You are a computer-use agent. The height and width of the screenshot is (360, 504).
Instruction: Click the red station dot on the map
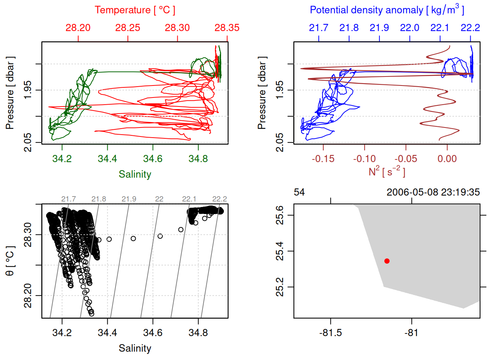coord(387,261)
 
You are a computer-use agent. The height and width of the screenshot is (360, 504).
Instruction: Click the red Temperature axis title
coord(135,10)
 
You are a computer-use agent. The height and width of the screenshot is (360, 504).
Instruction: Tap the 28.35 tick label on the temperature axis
coord(227,28)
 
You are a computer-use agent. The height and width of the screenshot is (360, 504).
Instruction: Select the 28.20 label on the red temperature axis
coord(78,28)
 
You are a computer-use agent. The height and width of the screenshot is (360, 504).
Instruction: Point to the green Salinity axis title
coord(135,174)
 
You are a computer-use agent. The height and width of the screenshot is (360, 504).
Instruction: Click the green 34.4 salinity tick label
coord(107,159)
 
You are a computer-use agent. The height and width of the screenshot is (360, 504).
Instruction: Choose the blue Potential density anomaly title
coord(387,10)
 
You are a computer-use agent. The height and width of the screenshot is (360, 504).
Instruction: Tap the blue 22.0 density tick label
coord(409,28)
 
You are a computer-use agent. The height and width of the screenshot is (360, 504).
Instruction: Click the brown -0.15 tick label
coord(323,159)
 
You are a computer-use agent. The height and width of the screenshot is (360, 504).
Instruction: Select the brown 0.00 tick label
coord(447,159)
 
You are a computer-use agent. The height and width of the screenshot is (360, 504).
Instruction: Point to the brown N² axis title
coord(387,172)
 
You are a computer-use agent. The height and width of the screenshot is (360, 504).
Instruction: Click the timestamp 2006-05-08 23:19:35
coord(433,192)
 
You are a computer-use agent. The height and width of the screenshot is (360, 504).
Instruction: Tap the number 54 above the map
coord(299,192)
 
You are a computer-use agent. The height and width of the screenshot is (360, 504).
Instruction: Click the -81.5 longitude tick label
coord(330,333)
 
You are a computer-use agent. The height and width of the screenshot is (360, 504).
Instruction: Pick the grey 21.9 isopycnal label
coord(129,199)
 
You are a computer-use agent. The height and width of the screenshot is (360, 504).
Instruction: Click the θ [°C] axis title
coord(10,261)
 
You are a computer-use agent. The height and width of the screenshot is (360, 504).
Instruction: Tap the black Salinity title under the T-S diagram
coord(135,348)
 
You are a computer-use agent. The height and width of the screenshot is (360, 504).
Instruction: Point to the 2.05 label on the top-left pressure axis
coord(28,142)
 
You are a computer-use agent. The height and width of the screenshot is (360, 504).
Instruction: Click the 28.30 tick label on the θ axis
coord(28,235)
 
